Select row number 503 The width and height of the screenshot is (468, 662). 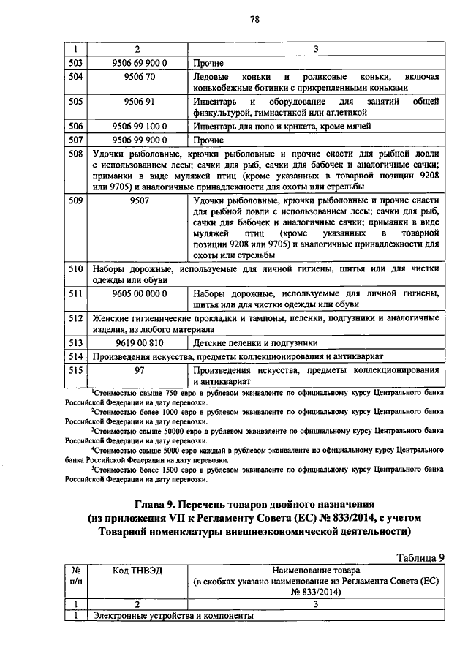74,63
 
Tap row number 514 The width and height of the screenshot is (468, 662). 74,356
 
